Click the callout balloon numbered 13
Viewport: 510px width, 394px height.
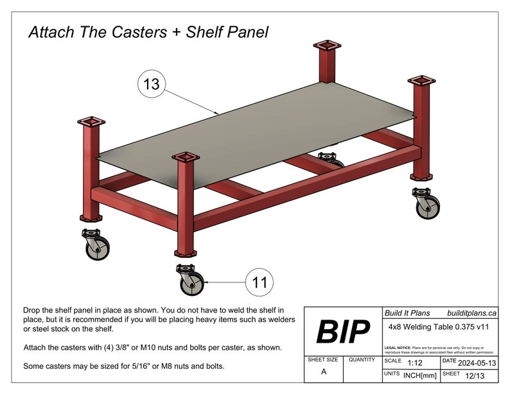pos(152,84)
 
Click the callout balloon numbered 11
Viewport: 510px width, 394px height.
pos(259,282)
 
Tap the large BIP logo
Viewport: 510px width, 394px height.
pos(343,332)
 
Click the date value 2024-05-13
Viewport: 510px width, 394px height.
pos(478,362)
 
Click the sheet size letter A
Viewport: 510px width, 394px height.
pos(323,372)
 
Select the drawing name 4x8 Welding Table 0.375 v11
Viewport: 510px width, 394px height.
pos(440,326)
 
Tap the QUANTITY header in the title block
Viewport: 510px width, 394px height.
pos(362,360)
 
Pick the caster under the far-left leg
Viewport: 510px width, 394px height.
pos(95,244)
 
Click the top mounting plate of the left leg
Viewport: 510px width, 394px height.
pos(91,122)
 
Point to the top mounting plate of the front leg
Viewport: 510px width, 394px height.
pos(185,157)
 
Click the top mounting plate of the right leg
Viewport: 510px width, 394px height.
pos(422,82)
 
